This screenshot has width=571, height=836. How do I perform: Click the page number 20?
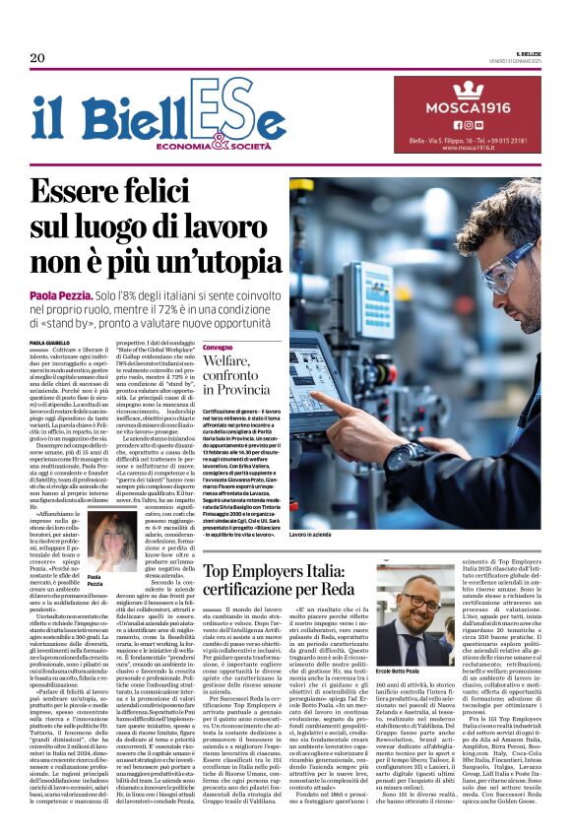[x=37, y=58]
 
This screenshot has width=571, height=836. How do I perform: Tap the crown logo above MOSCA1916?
[x=469, y=90]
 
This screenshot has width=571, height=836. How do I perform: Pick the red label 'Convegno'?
[x=219, y=348]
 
